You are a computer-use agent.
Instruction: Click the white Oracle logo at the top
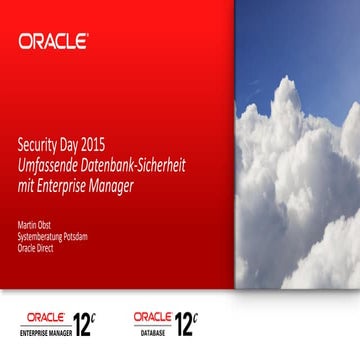(x=53, y=42)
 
